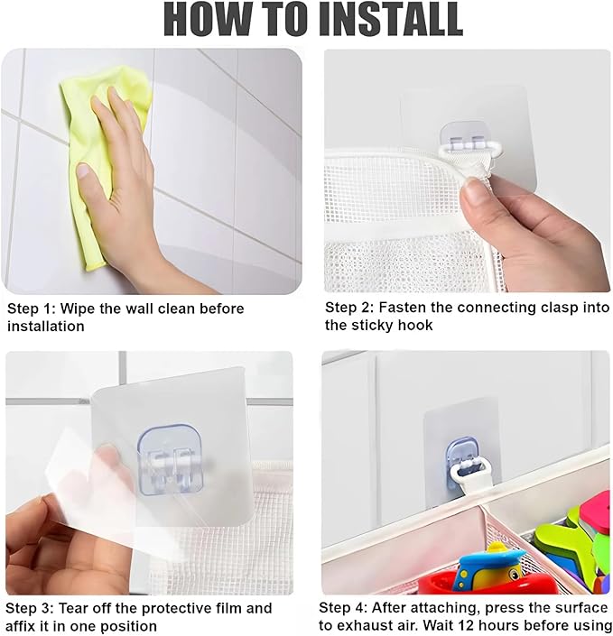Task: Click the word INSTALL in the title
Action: click(x=391, y=19)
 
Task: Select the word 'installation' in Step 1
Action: click(x=46, y=326)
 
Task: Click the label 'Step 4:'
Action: click(x=342, y=608)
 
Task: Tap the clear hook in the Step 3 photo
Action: click(x=171, y=461)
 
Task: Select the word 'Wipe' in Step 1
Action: click(x=78, y=309)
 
